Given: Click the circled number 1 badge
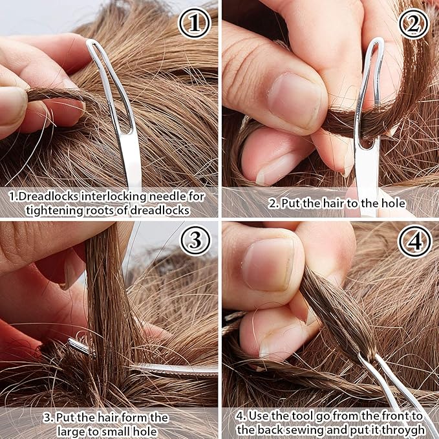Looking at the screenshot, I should (195, 24).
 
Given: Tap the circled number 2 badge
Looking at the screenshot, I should (414, 24).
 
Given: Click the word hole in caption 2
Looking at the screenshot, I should (392, 203).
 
